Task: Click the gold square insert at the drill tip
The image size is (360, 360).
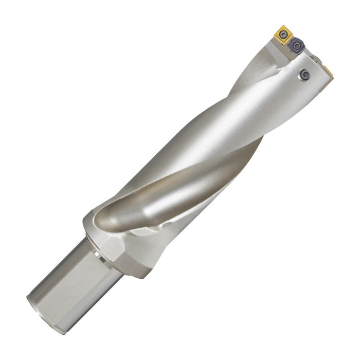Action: click(x=283, y=35)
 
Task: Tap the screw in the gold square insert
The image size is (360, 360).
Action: click(x=283, y=35)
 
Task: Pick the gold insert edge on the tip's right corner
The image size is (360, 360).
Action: click(x=328, y=70)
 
